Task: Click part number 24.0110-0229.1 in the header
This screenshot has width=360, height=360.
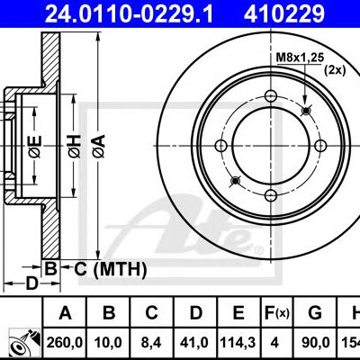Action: point(129,13)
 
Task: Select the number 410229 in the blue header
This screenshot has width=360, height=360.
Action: point(284,13)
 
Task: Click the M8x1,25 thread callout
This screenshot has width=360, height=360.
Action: point(300,58)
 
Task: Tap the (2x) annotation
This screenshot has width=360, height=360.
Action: point(335,70)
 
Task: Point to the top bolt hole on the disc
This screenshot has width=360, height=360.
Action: point(271,96)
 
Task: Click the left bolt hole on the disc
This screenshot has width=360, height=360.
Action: point(221,146)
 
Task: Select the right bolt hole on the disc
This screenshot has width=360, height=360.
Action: point(320,146)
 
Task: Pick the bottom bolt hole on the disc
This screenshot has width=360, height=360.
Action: point(271,195)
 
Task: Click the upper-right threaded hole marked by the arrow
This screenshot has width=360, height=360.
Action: point(306,111)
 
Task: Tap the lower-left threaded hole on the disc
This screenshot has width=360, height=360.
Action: point(236,181)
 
